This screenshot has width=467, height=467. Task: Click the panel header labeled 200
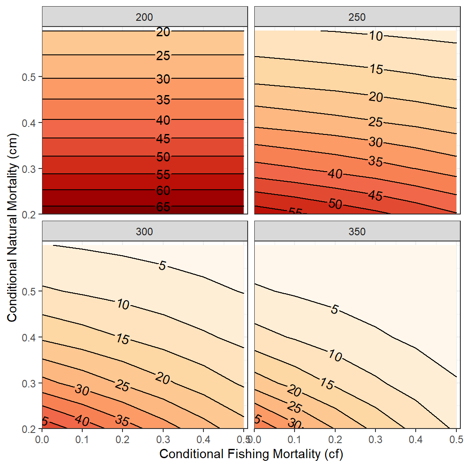pyautogui.click(x=143, y=17)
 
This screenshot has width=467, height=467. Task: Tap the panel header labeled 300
pyautogui.click(x=143, y=231)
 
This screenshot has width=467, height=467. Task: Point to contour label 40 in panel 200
pyautogui.click(x=163, y=120)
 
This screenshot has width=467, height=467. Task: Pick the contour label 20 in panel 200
pyautogui.click(x=163, y=31)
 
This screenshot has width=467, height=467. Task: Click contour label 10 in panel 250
pyautogui.click(x=376, y=36)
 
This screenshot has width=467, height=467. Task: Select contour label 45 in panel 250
pyautogui.click(x=375, y=195)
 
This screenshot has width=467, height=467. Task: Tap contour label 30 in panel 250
pyautogui.click(x=375, y=142)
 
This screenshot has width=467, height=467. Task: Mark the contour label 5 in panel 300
pyautogui.click(x=162, y=266)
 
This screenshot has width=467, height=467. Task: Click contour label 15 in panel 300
pyautogui.click(x=122, y=339)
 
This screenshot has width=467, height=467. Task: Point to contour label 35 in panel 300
pyautogui.click(x=122, y=419)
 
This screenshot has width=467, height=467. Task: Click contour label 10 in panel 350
pyautogui.click(x=335, y=356)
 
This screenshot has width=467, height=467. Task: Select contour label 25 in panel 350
pyautogui.click(x=295, y=407)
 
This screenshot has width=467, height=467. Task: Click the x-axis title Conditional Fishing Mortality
pyautogui.click(x=251, y=454)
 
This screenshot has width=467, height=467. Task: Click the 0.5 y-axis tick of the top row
pyautogui.click(x=29, y=77)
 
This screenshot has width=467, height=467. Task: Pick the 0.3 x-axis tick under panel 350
pyautogui.click(x=375, y=440)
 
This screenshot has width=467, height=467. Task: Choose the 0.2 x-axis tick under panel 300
pyautogui.click(x=122, y=440)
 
